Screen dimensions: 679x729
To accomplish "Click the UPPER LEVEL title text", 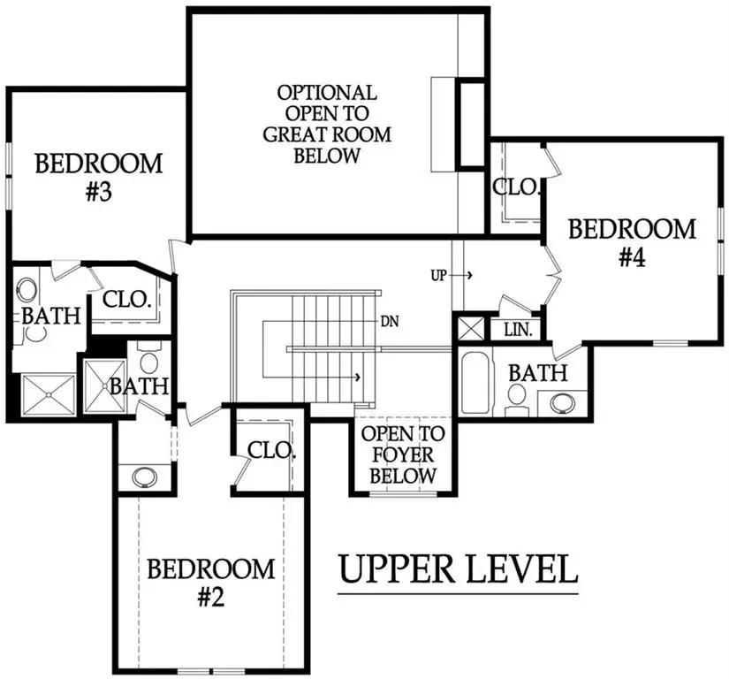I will coord(459,569).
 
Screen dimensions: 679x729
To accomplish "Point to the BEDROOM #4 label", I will coord(632,243).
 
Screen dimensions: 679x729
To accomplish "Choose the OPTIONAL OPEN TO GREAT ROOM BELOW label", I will coord(327,124).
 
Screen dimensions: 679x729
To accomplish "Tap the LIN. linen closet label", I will coord(516,330).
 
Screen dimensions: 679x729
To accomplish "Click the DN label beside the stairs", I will coord(390,321).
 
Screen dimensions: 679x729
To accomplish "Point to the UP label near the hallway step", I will coord(438,275).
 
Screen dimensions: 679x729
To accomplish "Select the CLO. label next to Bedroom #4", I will coord(512,187).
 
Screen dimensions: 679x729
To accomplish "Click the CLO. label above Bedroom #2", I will coord(270,449).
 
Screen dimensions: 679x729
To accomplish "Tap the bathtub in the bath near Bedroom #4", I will coord(474,382).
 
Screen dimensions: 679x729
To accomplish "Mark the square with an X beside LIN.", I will coord(470,329).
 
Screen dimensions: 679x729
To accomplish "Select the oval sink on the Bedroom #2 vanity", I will coord(142,477).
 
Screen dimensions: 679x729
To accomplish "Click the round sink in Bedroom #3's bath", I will coord(27,289).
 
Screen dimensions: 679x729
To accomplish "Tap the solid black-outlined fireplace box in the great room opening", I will coord(471,123).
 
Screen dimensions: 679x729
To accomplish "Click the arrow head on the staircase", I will coord(358,378).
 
